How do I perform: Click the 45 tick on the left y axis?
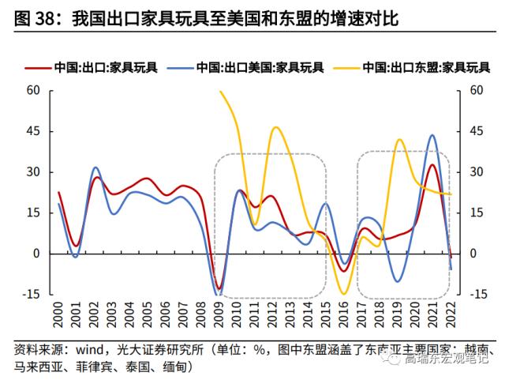(32, 131)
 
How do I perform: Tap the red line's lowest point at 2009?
(219, 289)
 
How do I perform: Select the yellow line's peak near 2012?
(275, 127)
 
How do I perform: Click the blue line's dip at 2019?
(397, 281)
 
